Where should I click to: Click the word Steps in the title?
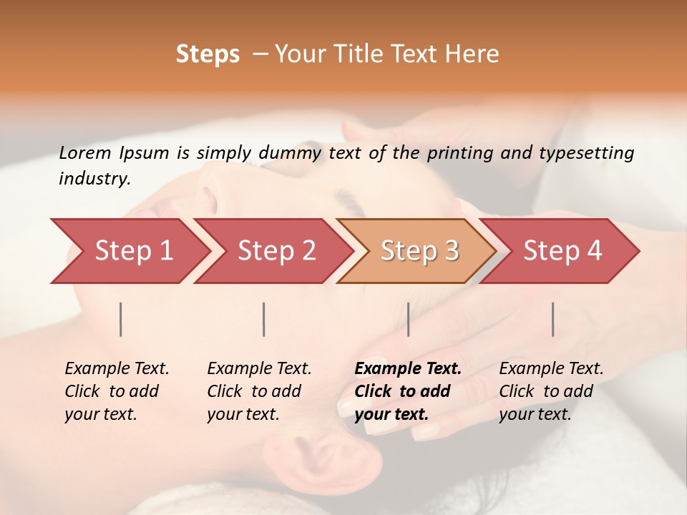(x=208, y=54)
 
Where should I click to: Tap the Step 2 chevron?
(x=276, y=251)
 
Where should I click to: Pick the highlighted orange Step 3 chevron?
(x=419, y=251)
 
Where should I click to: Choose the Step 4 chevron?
(x=562, y=251)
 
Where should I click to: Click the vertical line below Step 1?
(x=121, y=319)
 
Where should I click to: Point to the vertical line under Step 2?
(x=264, y=319)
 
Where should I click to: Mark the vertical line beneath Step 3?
(x=408, y=319)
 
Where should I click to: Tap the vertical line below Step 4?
(x=552, y=319)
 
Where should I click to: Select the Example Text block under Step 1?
(x=117, y=391)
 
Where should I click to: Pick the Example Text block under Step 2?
(x=259, y=391)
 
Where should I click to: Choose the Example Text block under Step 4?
(x=551, y=391)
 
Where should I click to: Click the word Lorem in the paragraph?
(x=85, y=152)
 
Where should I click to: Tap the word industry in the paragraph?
(x=94, y=179)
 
